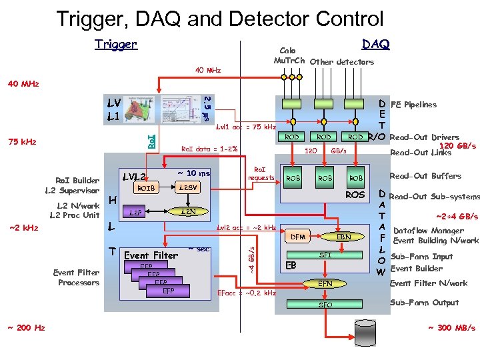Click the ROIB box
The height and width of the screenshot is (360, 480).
(145, 188)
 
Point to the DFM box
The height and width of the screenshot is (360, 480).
(298, 237)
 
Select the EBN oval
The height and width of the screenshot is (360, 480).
(343, 237)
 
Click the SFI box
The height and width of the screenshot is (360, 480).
(325, 255)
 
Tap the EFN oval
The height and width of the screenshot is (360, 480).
(325, 284)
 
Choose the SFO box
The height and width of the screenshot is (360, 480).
(325, 304)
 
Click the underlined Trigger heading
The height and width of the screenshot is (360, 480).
(115, 45)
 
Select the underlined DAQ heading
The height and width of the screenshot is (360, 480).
(375, 44)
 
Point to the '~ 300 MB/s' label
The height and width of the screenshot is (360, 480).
(451, 328)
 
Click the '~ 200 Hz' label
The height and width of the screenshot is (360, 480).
(26, 328)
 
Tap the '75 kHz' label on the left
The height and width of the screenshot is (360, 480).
(23, 141)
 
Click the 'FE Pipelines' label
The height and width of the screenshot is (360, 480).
(413, 105)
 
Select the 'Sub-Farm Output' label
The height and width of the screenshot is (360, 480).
(424, 303)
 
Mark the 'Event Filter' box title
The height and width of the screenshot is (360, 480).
(151, 255)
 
